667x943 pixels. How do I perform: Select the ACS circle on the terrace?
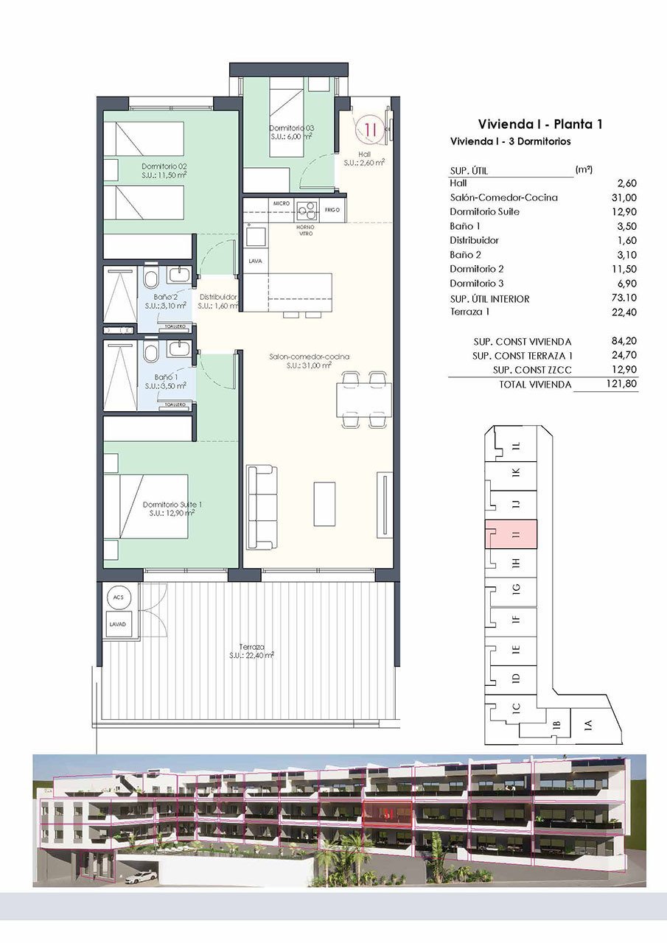(x=117, y=598)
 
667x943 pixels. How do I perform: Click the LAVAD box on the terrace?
(x=117, y=623)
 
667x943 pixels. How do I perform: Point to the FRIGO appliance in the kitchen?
(x=332, y=210)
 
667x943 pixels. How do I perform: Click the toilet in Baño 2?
(x=151, y=280)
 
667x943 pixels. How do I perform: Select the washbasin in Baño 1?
(x=179, y=348)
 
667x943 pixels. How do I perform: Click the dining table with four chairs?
(x=363, y=399)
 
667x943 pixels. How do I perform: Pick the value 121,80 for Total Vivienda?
(x=621, y=384)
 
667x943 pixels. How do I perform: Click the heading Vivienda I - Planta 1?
(x=540, y=124)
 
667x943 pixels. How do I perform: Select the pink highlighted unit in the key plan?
(x=511, y=534)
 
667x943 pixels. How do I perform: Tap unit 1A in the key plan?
(x=588, y=724)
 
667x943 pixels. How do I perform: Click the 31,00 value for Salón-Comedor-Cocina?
(x=623, y=197)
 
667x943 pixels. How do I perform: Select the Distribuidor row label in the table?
(x=474, y=240)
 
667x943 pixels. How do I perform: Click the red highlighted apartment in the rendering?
(x=386, y=816)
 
